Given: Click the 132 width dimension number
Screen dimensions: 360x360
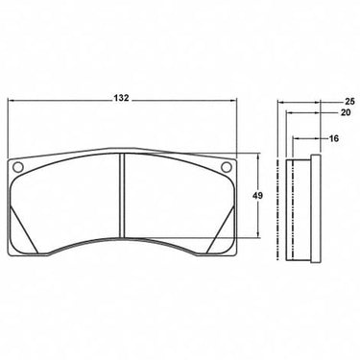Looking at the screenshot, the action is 121,98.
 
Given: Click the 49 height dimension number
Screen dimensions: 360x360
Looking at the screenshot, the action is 257,195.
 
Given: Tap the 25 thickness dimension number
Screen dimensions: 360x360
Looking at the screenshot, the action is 349,102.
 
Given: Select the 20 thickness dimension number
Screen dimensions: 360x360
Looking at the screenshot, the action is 346,112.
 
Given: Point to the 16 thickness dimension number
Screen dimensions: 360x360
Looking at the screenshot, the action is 333,138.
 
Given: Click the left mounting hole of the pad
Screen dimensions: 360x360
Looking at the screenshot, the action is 18,166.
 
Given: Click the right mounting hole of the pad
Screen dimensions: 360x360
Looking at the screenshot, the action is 226,166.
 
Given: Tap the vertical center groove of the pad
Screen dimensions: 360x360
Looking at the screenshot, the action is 122,196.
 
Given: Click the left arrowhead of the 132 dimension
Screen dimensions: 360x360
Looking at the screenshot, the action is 11,101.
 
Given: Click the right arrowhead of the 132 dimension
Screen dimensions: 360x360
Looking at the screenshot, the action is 233,101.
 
